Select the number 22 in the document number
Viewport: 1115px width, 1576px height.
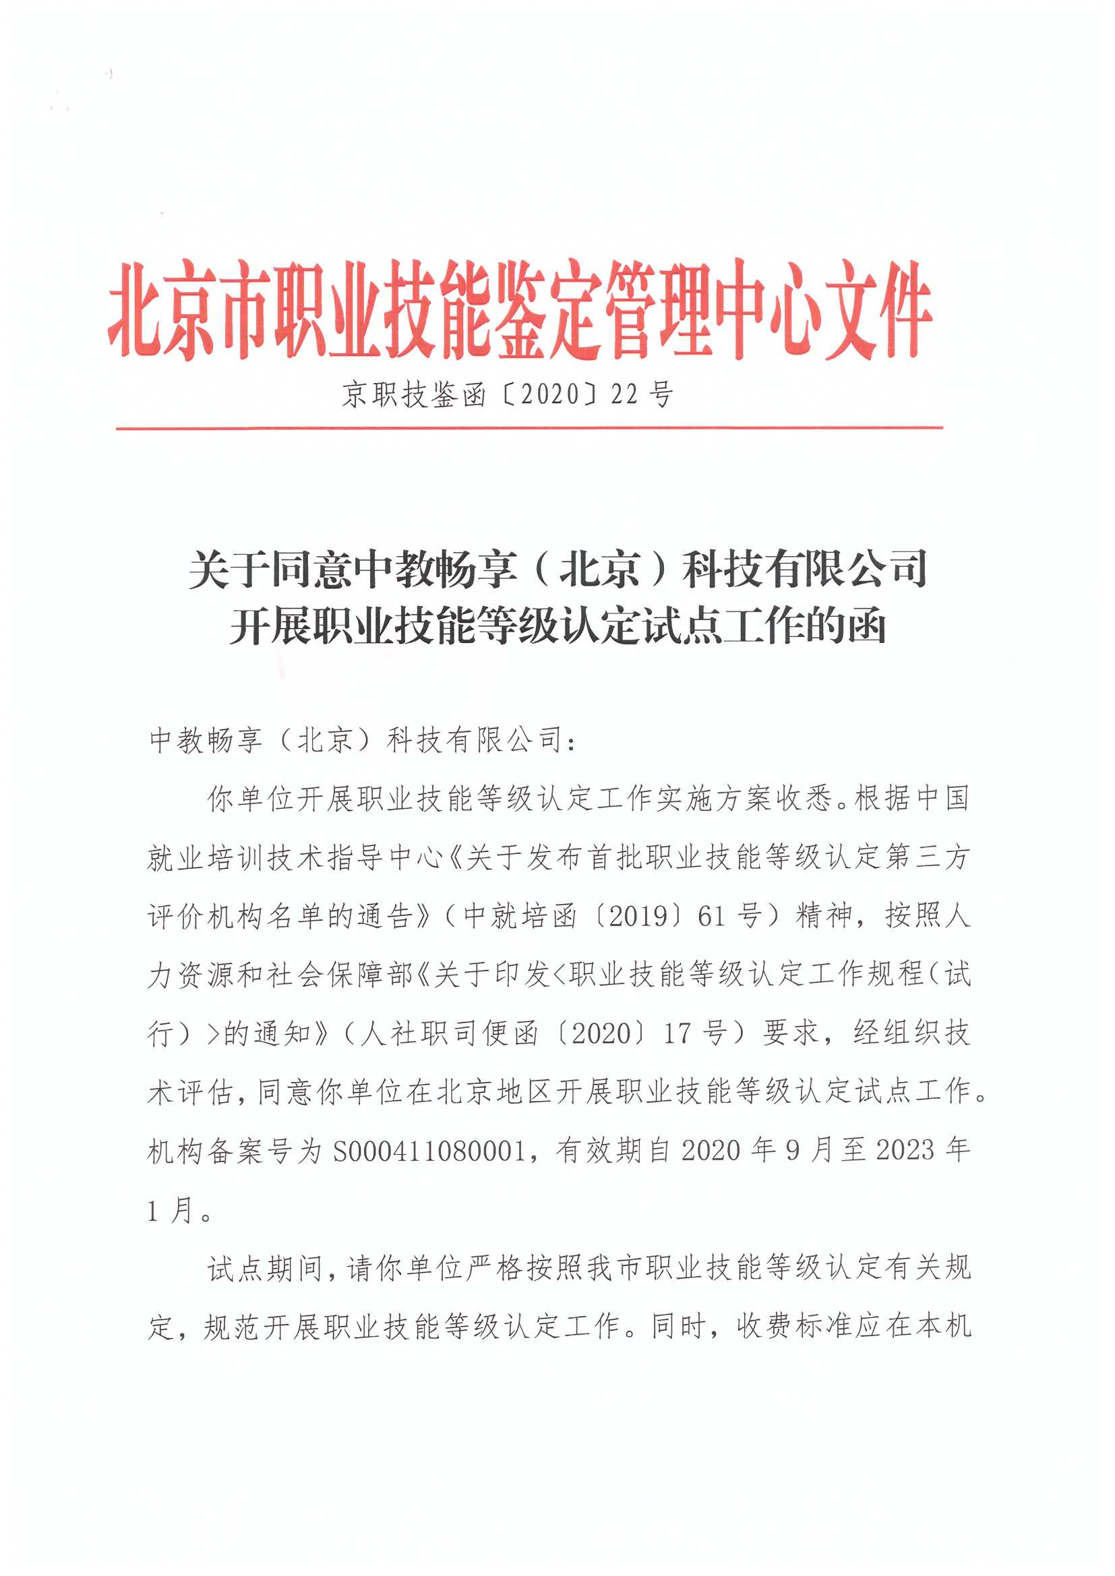click(x=625, y=395)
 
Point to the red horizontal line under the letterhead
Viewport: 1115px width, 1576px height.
click(x=529, y=428)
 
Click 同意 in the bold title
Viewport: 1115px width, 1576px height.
click(x=313, y=569)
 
